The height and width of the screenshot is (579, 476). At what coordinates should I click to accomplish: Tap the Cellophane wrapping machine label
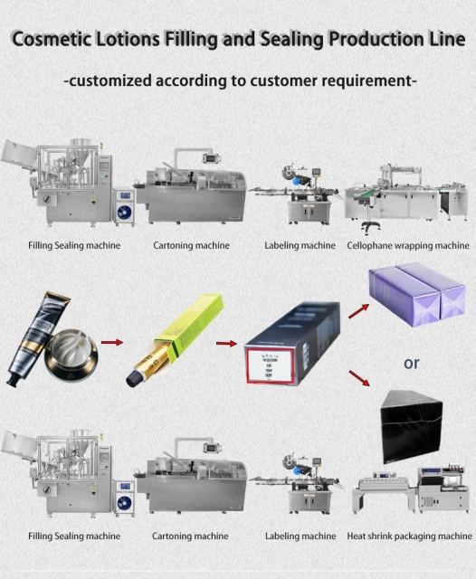tap(408, 245)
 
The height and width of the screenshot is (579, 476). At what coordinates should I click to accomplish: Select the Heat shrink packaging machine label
tap(409, 536)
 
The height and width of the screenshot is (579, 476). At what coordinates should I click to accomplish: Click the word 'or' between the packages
tap(412, 363)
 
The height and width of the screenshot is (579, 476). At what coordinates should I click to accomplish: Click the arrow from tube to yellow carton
tap(112, 343)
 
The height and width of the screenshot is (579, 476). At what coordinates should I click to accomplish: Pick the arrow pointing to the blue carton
tap(223, 344)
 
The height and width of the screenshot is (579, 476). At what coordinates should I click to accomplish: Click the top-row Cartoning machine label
tap(191, 245)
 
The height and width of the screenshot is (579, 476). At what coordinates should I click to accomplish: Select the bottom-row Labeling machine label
tap(300, 536)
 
